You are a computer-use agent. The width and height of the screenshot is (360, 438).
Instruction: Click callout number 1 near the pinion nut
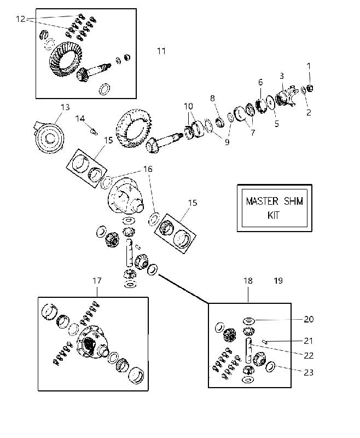tap(309, 66)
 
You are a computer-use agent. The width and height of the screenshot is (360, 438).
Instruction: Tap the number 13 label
tap(65, 107)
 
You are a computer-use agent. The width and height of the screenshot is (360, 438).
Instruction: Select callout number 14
tap(80, 119)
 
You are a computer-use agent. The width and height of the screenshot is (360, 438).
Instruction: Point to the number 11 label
tap(161, 51)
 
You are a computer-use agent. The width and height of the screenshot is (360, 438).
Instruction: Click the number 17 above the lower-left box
tap(97, 280)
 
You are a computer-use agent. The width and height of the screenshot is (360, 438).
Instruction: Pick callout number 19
tap(278, 280)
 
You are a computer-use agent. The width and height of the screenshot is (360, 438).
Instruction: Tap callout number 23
tap(309, 372)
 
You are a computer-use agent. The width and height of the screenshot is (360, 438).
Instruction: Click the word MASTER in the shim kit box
tap(262, 201)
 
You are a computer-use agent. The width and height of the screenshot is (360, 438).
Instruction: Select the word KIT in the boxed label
tap(274, 215)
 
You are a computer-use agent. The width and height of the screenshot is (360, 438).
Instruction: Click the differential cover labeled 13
tap(49, 137)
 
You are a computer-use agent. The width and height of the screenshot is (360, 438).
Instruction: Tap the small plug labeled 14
tap(94, 131)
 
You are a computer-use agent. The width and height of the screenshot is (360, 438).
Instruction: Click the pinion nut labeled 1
tap(310, 88)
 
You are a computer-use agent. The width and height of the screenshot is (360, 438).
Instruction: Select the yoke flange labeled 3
tap(285, 96)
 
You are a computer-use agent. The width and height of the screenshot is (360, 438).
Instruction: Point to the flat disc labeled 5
tap(270, 102)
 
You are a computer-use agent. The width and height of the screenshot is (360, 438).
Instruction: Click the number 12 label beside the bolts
tap(21, 19)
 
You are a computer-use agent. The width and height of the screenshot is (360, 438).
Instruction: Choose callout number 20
tap(309, 319)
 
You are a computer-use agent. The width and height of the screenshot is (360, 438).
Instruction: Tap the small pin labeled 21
tap(264, 341)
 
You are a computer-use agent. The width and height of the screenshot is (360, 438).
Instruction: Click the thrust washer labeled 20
tap(248, 321)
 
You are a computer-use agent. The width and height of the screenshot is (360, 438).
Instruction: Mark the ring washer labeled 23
tap(270, 367)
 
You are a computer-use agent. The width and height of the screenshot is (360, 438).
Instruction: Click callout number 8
tap(212, 99)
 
